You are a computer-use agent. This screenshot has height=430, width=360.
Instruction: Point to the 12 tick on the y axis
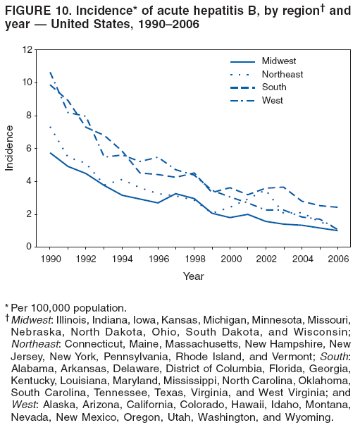[27, 50]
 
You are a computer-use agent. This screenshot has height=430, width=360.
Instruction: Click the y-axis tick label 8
[30, 116]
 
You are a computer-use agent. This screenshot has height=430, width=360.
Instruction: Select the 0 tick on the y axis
[30, 247]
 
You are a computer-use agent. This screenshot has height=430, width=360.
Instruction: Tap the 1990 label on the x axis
[50, 259]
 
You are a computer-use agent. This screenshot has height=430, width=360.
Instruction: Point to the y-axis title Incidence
[10, 148]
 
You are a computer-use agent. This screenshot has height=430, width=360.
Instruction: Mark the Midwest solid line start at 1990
[50, 153]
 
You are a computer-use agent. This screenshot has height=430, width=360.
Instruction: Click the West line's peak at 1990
[50, 72]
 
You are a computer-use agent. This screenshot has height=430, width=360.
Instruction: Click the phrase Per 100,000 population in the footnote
[67, 308]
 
